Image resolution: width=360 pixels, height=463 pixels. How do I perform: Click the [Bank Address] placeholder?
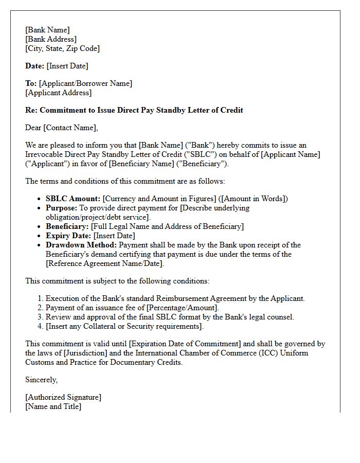(51, 39)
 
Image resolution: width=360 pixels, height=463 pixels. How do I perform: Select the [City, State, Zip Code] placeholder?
(62, 48)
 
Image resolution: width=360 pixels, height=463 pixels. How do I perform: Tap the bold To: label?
(31, 83)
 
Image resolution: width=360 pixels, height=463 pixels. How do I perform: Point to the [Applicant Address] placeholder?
(58, 93)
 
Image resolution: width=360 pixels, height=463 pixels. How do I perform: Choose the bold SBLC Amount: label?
(73, 199)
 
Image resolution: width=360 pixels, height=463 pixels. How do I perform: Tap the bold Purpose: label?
(61, 208)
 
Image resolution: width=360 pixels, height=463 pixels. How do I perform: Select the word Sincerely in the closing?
(41, 380)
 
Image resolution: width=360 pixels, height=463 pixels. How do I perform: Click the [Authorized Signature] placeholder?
(63, 397)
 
